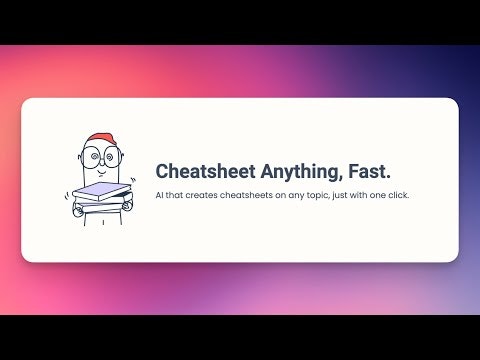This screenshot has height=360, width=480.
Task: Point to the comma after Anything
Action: pyautogui.click(x=336, y=178)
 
